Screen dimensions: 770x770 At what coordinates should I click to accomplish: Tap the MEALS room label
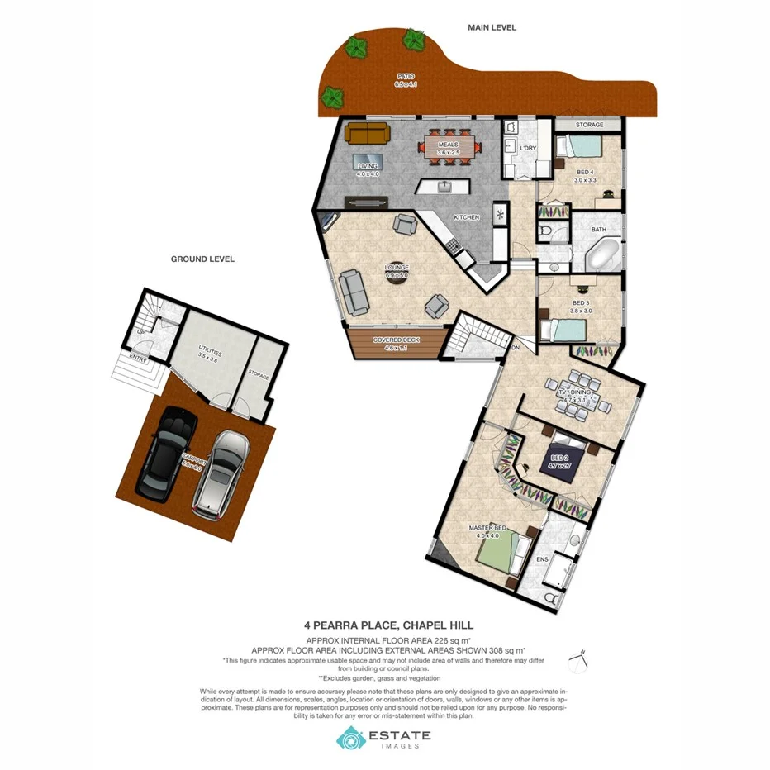click(x=448, y=144)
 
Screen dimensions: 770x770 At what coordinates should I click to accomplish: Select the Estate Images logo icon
click(x=350, y=738)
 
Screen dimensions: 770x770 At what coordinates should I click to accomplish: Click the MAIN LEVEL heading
click(x=492, y=27)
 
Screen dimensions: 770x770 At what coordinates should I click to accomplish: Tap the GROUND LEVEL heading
click(x=202, y=259)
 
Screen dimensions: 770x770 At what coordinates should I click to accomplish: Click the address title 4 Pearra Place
click(x=385, y=625)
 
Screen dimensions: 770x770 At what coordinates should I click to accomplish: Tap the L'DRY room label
click(x=528, y=148)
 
